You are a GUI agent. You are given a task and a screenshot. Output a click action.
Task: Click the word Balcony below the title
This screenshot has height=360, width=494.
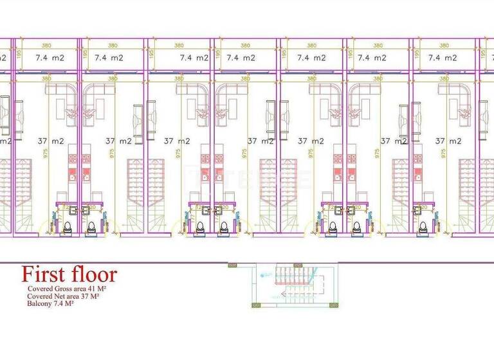click(x=39, y=303)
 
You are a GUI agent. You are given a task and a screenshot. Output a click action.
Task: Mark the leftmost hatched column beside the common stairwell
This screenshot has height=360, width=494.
click(x=232, y=265)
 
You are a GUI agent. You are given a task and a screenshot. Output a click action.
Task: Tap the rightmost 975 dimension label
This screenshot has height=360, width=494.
click(x=444, y=153)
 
